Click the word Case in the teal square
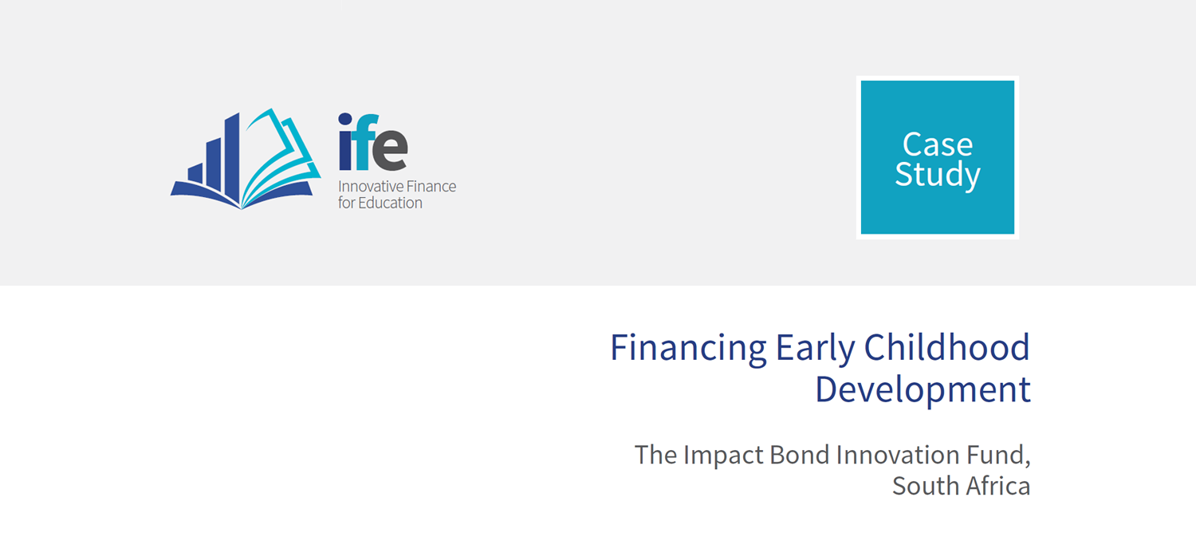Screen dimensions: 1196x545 [938, 144]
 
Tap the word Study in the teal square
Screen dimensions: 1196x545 [938, 175]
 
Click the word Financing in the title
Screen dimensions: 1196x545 [687, 349]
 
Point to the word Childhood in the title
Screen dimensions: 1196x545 [947, 347]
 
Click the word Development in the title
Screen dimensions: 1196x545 [923, 390]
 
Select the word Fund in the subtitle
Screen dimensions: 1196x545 [995, 455]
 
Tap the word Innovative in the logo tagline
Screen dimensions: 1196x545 [370, 187]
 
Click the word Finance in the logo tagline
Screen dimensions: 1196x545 [431, 187]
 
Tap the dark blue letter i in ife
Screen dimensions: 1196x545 [345, 141]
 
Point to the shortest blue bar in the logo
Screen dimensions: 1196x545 [195, 173]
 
